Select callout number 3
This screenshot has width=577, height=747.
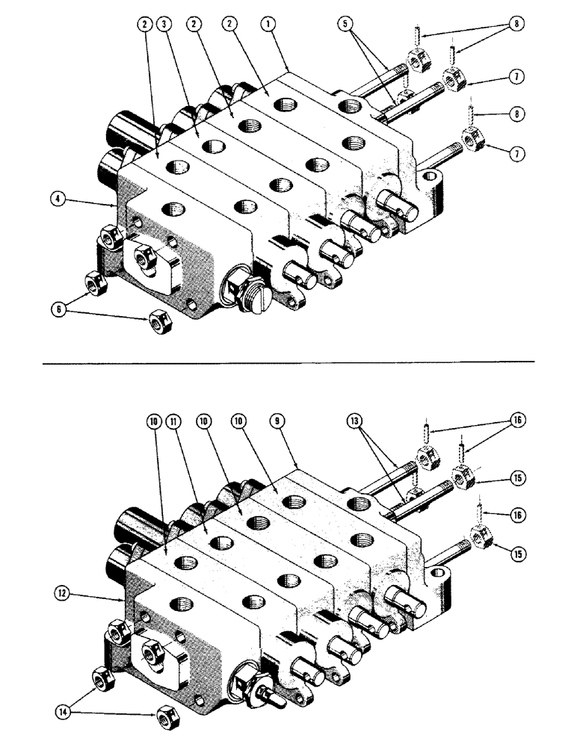click(166, 25)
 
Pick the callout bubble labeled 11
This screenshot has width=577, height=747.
click(174, 421)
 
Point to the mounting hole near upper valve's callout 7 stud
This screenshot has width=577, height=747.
click(431, 179)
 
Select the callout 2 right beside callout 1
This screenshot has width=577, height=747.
click(230, 25)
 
